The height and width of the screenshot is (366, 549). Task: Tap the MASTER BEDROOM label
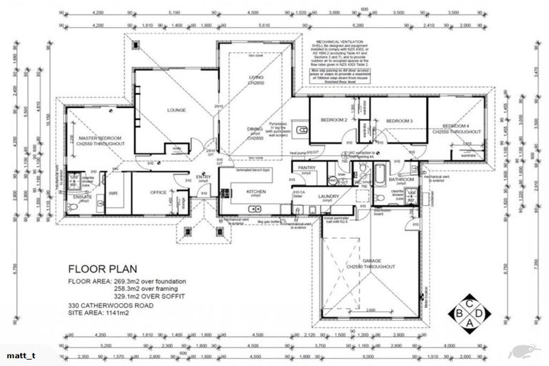[x=101, y=137]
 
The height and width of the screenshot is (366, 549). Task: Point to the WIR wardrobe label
[x=113, y=192]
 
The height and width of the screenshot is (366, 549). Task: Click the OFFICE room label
[x=158, y=192]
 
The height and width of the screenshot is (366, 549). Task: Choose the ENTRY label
[x=204, y=177]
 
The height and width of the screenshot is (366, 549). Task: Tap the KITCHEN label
[x=256, y=191]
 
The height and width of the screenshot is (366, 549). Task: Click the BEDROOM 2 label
[x=335, y=120]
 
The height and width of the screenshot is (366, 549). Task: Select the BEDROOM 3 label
[x=400, y=122]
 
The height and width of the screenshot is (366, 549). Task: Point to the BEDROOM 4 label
[x=457, y=125]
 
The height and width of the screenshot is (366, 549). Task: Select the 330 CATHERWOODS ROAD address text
[x=111, y=305]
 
